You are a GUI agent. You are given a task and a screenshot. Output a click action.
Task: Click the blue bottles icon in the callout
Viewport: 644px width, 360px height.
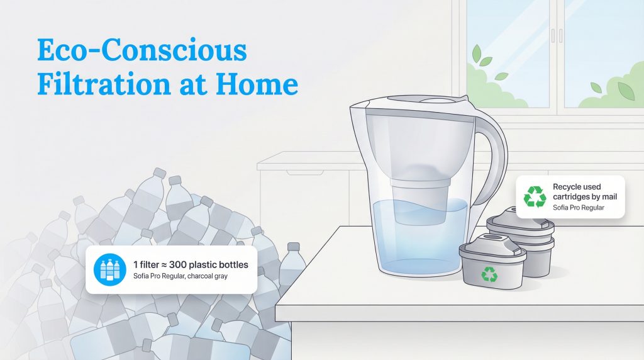(x=109, y=269)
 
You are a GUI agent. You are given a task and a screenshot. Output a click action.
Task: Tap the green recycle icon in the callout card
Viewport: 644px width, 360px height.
(x=535, y=196)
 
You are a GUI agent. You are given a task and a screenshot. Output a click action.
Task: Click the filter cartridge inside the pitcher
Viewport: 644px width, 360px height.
(x=420, y=198)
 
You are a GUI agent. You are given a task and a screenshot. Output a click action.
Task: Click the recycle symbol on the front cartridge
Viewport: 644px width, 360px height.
(x=489, y=274)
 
